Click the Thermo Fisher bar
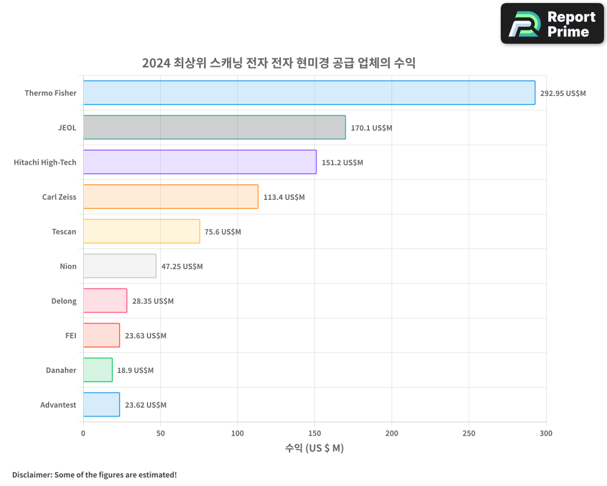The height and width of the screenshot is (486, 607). (309, 93)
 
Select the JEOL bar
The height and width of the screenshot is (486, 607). (214, 128)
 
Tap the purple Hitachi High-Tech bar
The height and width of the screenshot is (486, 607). (200, 162)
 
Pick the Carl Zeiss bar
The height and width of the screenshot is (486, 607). (171, 197)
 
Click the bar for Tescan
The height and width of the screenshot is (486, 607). (141, 231)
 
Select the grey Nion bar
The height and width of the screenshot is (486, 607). (120, 266)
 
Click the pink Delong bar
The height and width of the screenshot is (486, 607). (105, 301)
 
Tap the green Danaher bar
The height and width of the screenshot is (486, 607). (98, 370)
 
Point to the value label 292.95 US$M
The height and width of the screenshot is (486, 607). (563, 94)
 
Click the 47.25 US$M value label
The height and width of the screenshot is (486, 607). (181, 267)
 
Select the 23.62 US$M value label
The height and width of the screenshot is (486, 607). (145, 405)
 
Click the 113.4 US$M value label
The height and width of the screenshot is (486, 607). (283, 197)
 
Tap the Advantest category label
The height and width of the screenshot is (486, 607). (58, 405)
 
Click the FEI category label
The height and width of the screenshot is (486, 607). (70, 335)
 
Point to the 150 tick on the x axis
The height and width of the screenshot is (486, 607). (314, 433)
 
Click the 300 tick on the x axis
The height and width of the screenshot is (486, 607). (546, 433)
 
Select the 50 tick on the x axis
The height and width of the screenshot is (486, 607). (160, 433)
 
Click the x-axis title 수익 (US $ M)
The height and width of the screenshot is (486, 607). (314, 448)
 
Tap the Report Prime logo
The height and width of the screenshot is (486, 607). (552, 24)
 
